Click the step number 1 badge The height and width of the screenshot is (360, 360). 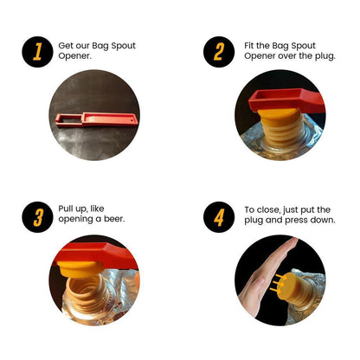37,52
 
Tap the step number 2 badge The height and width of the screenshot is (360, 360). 219,52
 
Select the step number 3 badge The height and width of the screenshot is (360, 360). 37,217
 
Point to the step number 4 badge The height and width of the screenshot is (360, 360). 219,217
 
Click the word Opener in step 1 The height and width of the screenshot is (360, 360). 74,56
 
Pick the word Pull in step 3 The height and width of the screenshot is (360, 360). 65,209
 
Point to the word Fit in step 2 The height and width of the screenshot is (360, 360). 249,46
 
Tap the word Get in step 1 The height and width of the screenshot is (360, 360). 65,46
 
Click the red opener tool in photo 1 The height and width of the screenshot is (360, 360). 97,119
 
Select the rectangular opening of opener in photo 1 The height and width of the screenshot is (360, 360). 69,118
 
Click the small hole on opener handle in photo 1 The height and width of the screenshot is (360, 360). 133,119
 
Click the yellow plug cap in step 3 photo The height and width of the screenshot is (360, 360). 78,268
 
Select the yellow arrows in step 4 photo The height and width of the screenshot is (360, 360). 278,282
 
